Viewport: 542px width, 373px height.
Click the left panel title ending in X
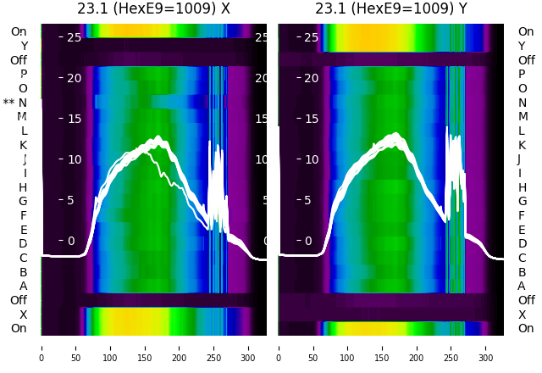153,9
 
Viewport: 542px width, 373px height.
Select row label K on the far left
24,145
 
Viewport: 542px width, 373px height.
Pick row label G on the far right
521,201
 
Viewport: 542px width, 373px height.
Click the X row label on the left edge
24,314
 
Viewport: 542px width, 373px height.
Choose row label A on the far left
24,286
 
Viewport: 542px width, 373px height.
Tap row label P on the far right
522,75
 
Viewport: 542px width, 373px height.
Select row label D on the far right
522,243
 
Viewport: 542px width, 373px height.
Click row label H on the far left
24,187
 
